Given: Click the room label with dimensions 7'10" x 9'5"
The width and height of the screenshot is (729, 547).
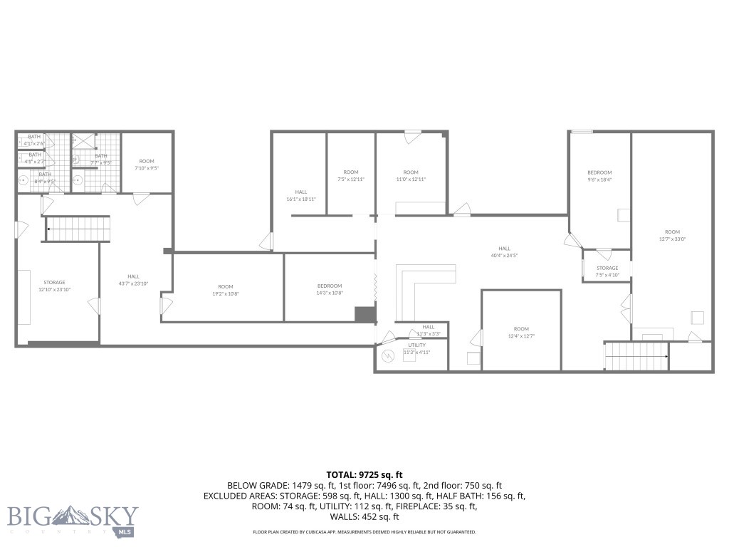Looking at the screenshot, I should pyautogui.click(x=147, y=165).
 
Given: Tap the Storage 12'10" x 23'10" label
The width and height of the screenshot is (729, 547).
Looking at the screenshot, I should pyautogui.click(x=54, y=286).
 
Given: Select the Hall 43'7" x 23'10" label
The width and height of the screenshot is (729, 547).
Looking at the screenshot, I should pyautogui.click(x=134, y=280).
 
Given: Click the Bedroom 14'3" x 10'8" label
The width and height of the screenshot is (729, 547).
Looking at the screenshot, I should pyautogui.click(x=330, y=290).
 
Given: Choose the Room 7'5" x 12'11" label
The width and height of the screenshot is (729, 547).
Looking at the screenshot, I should pyautogui.click(x=351, y=176).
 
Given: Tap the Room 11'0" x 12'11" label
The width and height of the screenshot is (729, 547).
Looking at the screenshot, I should pyautogui.click(x=411, y=176).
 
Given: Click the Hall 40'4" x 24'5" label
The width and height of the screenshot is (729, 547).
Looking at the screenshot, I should pyautogui.click(x=504, y=252).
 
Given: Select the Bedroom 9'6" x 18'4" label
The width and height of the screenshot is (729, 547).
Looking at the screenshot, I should pyautogui.click(x=599, y=176).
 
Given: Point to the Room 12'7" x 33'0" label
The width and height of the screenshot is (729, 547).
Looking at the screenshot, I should pyautogui.click(x=672, y=235).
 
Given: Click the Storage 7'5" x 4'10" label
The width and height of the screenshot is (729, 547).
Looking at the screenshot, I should pyautogui.click(x=607, y=271).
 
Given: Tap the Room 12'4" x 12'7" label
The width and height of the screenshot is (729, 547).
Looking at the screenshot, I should pyautogui.click(x=521, y=333).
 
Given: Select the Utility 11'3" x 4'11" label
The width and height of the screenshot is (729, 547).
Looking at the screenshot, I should pyautogui.click(x=417, y=349).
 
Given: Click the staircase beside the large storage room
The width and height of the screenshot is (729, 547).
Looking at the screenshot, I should pyautogui.click(x=78, y=229).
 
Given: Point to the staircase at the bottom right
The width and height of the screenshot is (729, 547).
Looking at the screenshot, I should pyautogui.click(x=636, y=355).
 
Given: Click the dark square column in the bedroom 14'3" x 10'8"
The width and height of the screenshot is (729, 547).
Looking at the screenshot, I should pyautogui.click(x=364, y=314).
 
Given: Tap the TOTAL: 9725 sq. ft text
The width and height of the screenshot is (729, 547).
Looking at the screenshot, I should pyautogui.click(x=364, y=474).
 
